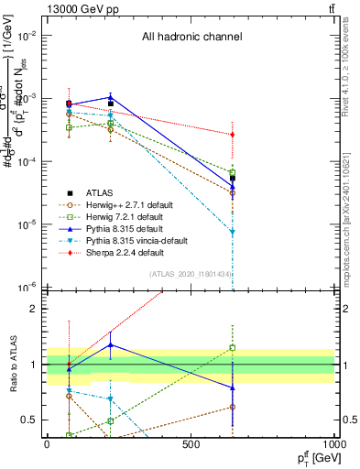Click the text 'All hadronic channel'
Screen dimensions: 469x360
pyautogui.click(x=191, y=38)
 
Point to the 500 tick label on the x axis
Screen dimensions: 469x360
pyautogui.click(x=191, y=444)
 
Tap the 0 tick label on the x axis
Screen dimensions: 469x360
pyautogui.click(x=47, y=444)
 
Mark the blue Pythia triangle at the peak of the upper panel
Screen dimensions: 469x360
pyautogui.click(x=110, y=97)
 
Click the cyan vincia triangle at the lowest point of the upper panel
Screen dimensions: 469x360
pyautogui.click(x=233, y=232)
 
